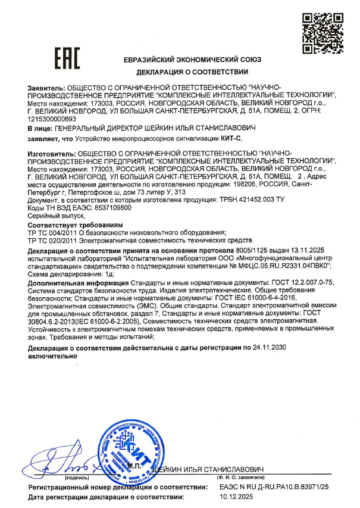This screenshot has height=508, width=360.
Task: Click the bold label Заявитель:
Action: pyautogui.click(x=45, y=87)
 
